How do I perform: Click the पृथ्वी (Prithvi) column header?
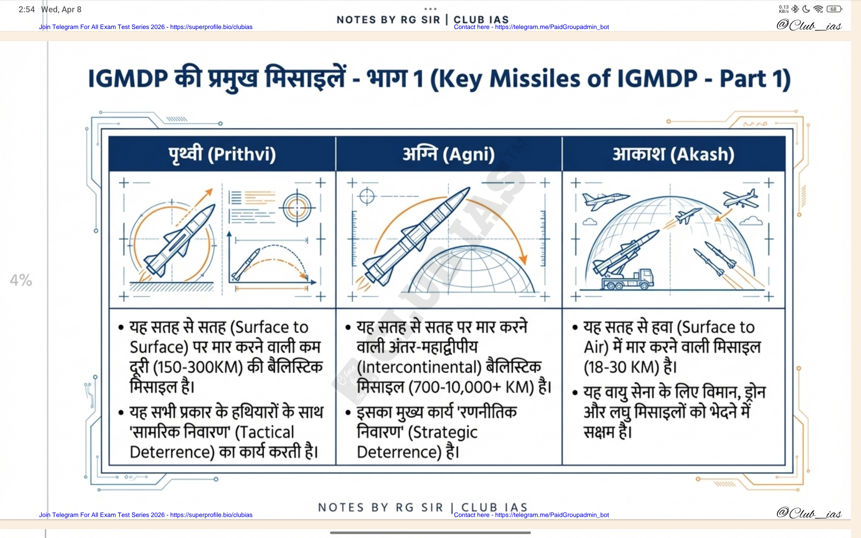pos(222,155)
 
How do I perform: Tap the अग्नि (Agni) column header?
pos(449,155)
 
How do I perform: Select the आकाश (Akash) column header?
pos(674,155)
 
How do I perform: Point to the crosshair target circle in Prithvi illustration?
pos(297,208)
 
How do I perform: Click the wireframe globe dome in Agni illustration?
pos(471,269)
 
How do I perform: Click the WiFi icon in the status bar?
pos(818,9)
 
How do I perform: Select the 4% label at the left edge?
pos(21,280)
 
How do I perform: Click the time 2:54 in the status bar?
pos(27,10)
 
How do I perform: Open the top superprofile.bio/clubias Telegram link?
pos(211,27)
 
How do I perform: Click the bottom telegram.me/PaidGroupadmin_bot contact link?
pos(552,515)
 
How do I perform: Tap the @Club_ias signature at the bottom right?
pos(809,513)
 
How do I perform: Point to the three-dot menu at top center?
pos(430,9)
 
